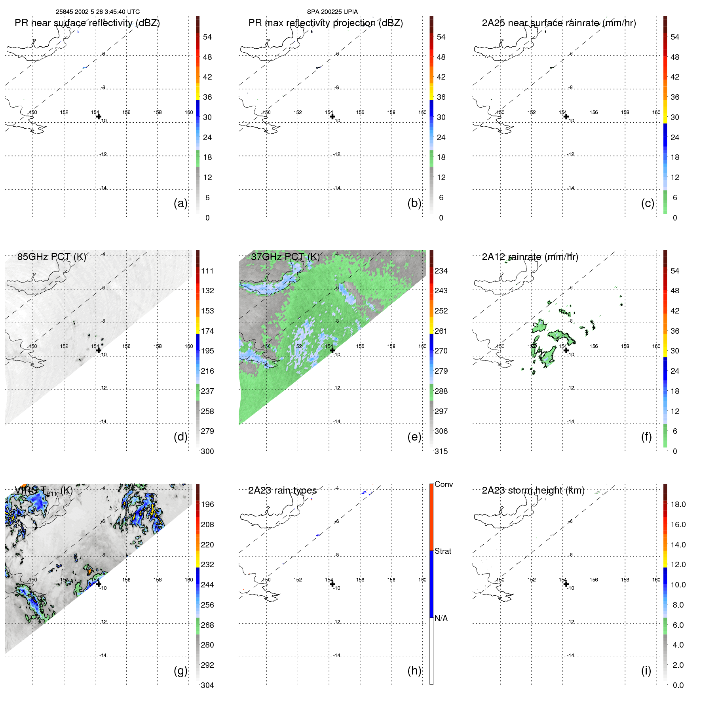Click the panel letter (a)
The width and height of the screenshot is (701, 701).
coord(180,203)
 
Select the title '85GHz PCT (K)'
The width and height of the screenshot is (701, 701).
coord(51,257)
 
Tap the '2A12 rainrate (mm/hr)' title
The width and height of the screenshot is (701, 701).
coord(530,257)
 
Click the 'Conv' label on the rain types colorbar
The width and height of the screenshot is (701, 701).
coord(443,484)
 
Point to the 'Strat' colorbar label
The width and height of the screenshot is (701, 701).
coord(443,551)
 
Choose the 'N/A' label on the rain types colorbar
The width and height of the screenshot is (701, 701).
coord(441,618)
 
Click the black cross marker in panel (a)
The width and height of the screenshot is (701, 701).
coord(99,116)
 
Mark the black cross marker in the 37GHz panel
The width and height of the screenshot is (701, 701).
coord(332,350)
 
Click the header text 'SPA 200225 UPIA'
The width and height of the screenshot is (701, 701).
coord(332,12)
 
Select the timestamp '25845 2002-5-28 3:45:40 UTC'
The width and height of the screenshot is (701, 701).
coord(97,12)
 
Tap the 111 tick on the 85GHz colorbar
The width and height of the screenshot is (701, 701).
coord(207,271)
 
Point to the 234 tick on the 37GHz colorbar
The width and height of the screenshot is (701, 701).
coord(441,271)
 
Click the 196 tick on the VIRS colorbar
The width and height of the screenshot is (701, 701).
coord(207,504)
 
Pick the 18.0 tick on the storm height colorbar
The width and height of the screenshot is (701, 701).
coord(678,504)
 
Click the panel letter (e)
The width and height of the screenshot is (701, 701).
coord(414,437)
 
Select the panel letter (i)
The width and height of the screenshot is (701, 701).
coord(646,671)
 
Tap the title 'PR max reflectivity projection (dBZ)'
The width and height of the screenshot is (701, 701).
coord(325,23)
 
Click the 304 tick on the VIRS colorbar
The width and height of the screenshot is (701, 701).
coord(207,685)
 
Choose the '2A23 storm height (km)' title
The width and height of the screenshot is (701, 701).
coord(533,490)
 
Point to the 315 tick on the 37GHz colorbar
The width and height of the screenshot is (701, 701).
coord(441,451)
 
